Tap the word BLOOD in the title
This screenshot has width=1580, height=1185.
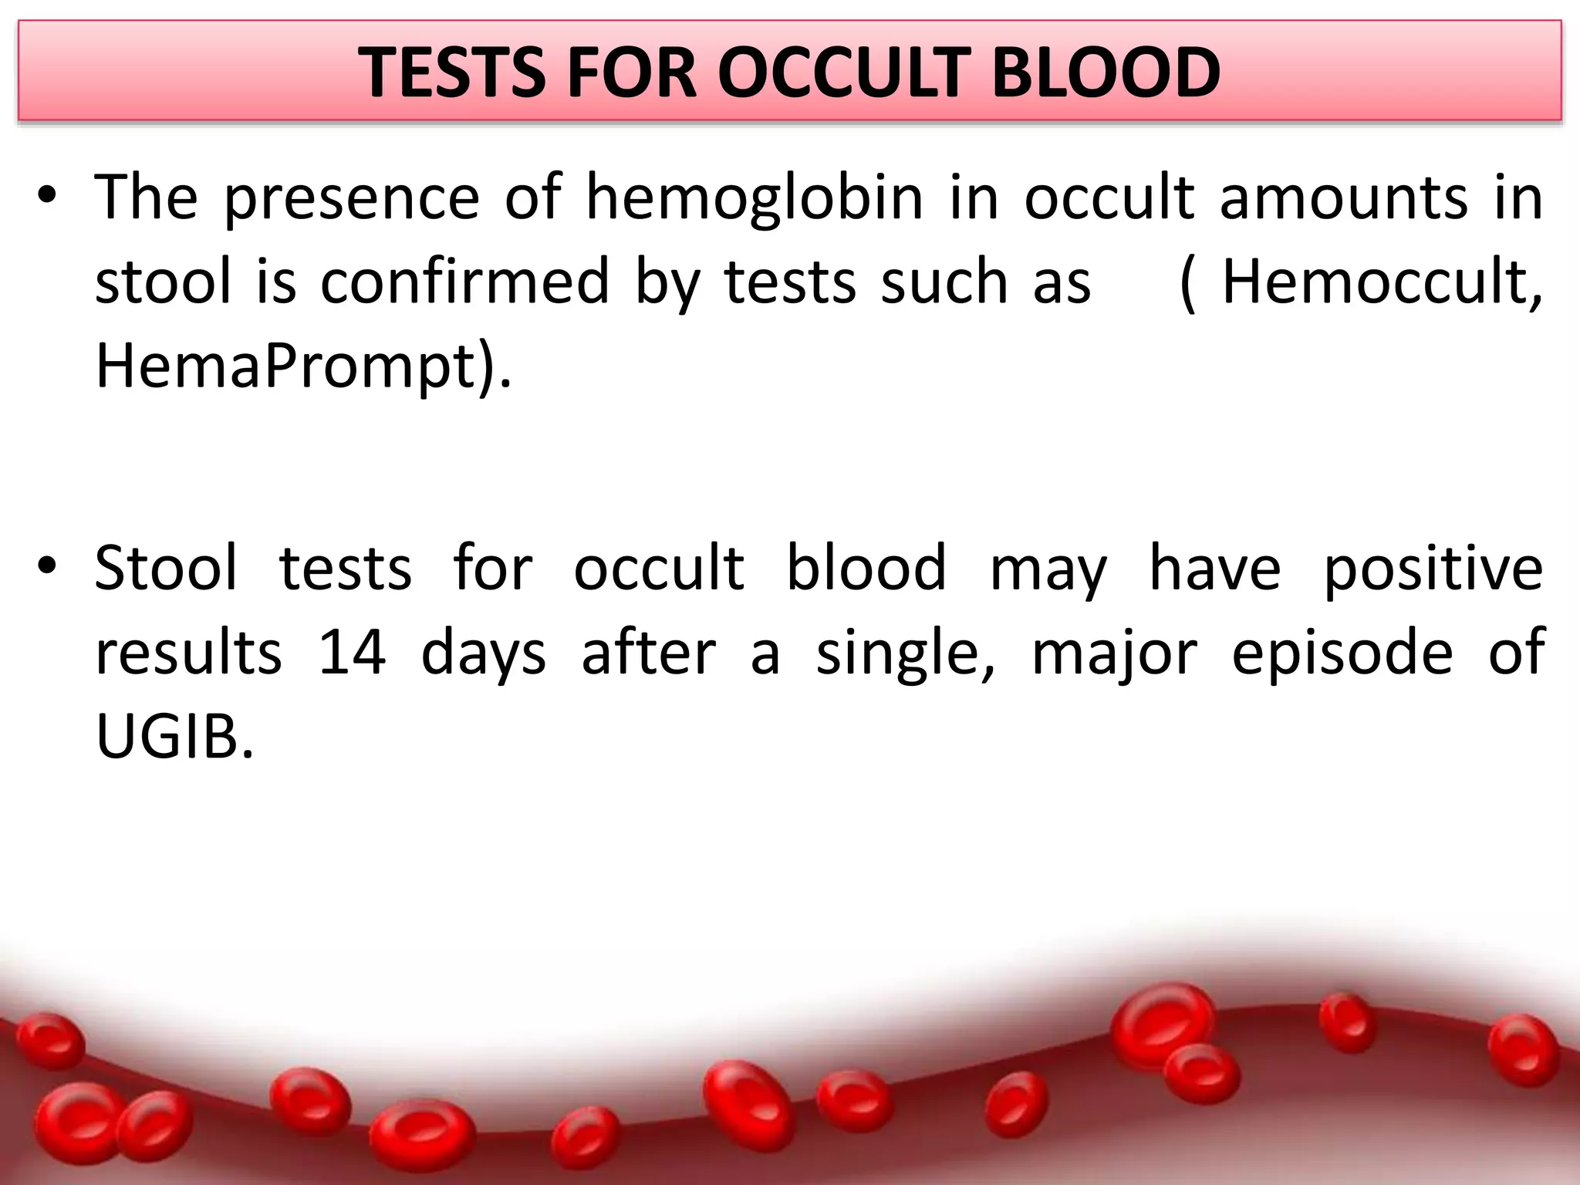point(1106,73)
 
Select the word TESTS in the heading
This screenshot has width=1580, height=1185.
point(452,73)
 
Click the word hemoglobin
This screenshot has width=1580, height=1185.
point(754,197)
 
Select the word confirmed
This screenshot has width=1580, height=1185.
point(465,282)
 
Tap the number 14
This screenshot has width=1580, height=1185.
point(352,653)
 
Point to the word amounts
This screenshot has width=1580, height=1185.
point(1343,197)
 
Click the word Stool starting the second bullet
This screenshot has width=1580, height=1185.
point(166,568)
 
